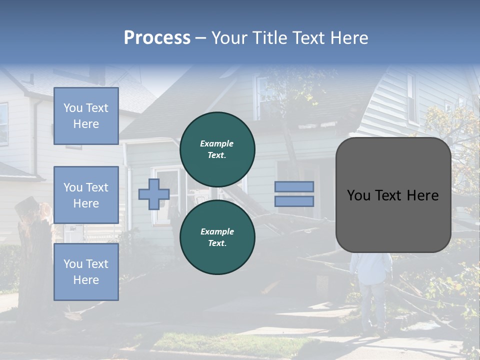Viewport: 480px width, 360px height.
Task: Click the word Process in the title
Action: tap(157, 38)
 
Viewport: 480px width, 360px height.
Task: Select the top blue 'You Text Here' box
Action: tap(86, 116)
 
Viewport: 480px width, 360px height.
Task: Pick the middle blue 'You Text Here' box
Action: tap(86, 195)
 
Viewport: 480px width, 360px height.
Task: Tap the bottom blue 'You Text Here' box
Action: tap(86, 272)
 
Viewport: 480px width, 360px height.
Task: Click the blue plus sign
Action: tap(154, 194)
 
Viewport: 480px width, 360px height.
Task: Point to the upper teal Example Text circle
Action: tap(217, 149)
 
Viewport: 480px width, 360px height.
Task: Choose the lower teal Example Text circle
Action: tap(217, 237)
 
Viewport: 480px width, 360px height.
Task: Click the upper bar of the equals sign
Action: tap(294, 186)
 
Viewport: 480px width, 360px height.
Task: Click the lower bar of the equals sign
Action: tap(294, 201)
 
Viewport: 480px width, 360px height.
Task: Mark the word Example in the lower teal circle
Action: tap(217, 231)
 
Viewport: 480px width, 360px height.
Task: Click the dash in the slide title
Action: tap(201, 38)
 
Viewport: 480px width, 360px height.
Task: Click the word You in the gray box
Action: tap(358, 195)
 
